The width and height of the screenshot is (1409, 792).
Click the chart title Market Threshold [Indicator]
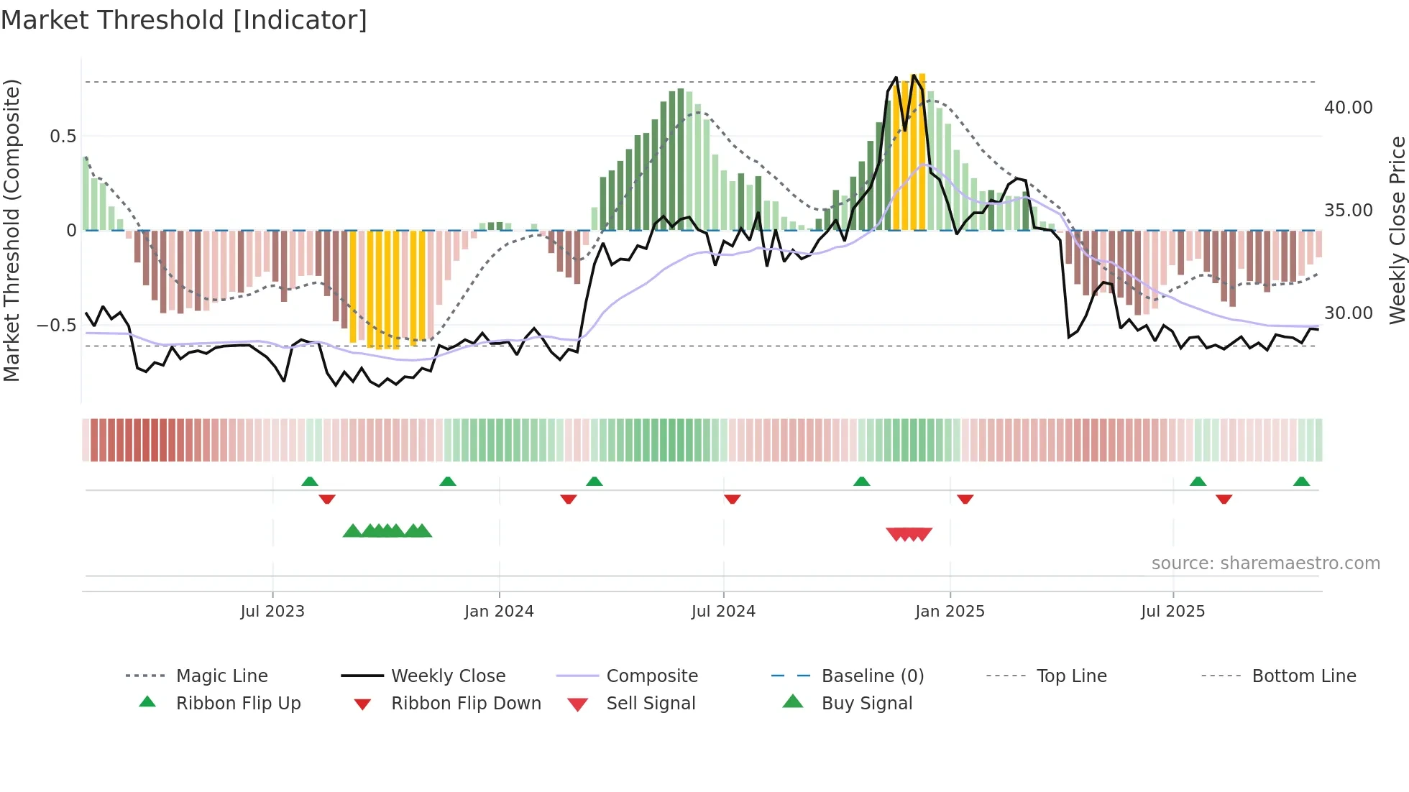coord(184,20)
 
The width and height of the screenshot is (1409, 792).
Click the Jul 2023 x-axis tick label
coord(272,612)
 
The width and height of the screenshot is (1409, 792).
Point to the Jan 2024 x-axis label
coord(499,612)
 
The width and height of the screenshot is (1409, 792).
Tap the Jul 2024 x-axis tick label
coord(723,612)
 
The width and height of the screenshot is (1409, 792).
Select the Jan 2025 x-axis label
coord(950,612)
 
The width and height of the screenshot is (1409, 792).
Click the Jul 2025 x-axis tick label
coord(1172,612)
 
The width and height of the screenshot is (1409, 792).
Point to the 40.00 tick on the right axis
coord(1348,108)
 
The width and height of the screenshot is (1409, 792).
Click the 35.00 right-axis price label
coord(1348,211)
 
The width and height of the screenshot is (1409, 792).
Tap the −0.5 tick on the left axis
coord(57,326)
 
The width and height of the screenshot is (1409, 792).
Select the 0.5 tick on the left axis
coord(63,137)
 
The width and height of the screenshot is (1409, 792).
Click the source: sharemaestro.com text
coord(1265,563)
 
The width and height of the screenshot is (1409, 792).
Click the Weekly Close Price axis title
coord(1397,230)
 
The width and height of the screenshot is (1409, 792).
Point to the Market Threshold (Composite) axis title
coord(12,230)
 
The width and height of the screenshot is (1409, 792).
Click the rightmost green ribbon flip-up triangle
coord(1301,482)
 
